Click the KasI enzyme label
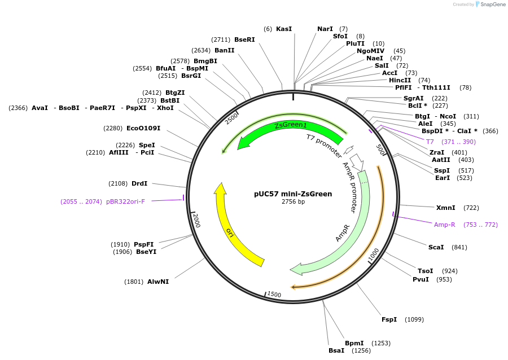(284, 29)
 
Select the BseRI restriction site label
(244, 39)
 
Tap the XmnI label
(446, 208)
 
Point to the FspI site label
(389, 319)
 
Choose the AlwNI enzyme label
(158, 281)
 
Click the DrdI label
(139, 183)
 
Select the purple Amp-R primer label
(445, 225)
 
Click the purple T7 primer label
(430, 142)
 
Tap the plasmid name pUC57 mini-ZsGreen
(293, 194)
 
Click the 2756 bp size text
(293, 202)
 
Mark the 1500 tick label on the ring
(274, 295)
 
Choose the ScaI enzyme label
(436, 247)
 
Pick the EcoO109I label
(143, 128)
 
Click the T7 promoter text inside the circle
(325, 146)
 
